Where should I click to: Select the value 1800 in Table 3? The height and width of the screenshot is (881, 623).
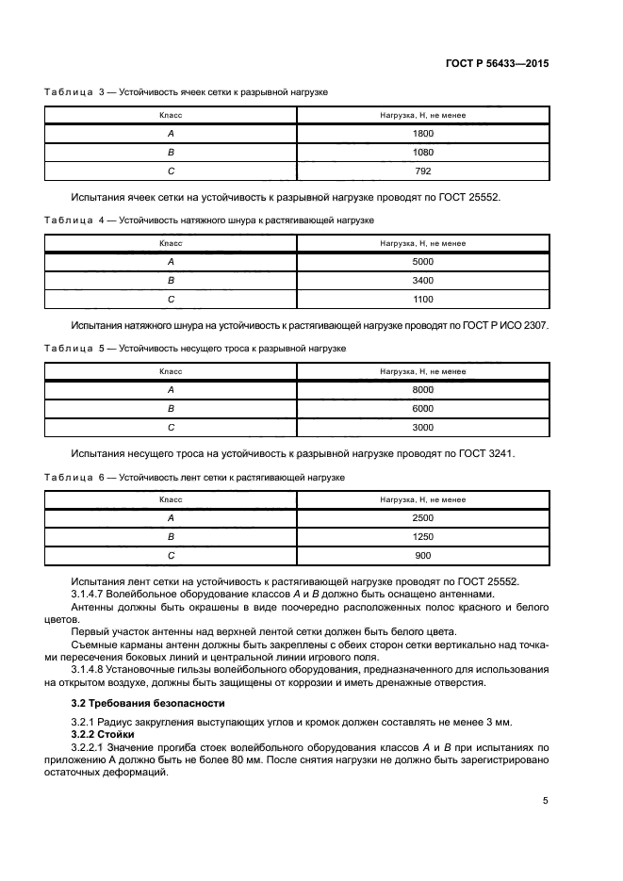click(x=422, y=134)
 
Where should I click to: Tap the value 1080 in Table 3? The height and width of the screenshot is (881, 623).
click(x=422, y=153)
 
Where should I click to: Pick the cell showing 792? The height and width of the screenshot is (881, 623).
click(x=422, y=171)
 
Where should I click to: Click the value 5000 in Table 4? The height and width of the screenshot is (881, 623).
click(x=422, y=262)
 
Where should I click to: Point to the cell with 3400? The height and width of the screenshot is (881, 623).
click(x=422, y=281)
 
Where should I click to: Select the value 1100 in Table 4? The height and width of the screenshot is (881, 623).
click(x=422, y=300)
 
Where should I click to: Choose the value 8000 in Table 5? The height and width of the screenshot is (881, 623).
click(x=422, y=390)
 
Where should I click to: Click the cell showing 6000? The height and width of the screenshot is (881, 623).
click(x=422, y=409)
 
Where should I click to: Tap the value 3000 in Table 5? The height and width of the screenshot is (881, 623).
click(x=422, y=428)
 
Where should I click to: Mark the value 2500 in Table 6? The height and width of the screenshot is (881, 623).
click(x=422, y=518)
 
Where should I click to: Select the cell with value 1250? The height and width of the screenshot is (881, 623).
click(x=422, y=537)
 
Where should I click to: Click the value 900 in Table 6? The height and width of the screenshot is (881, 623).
click(x=422, y=556)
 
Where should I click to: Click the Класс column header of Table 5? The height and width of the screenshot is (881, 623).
click(x=171, y=371)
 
